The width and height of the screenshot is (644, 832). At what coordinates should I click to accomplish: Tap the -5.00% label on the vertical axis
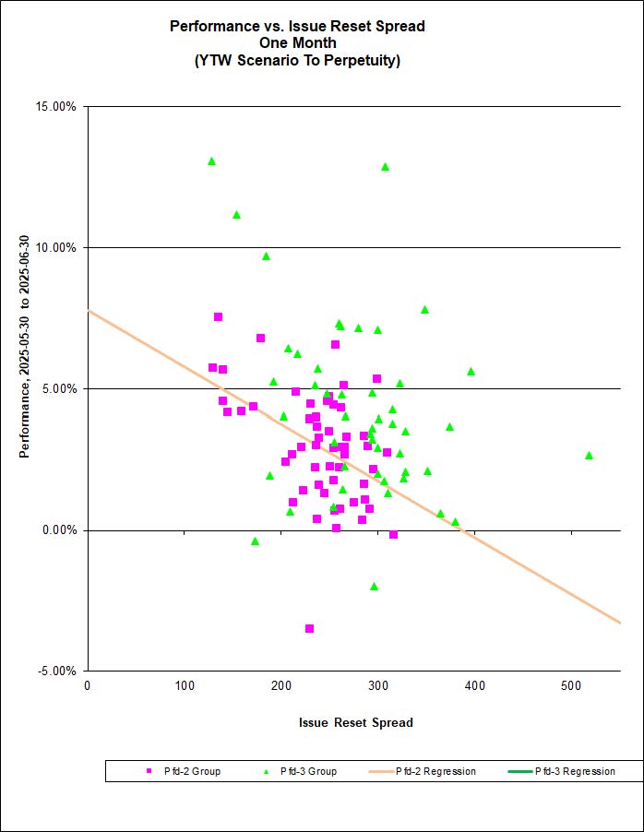coord(59,671)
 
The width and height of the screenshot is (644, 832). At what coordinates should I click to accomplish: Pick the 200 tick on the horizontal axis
coord(185,684)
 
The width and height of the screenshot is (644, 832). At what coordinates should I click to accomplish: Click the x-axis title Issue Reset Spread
coord(355,722)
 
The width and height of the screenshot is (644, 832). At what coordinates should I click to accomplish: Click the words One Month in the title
coord(297,43)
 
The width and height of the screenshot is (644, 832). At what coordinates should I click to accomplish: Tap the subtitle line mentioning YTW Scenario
coord(297,61)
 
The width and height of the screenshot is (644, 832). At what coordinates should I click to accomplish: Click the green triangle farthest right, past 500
coord(589,455)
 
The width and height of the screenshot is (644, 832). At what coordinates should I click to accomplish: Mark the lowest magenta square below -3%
coord(309,628)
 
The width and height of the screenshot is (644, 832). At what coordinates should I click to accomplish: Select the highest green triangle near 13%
coord(211,160)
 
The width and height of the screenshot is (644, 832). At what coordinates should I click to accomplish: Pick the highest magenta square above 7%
coord(218,316)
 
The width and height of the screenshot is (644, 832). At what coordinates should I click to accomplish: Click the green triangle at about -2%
coord(374,586)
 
